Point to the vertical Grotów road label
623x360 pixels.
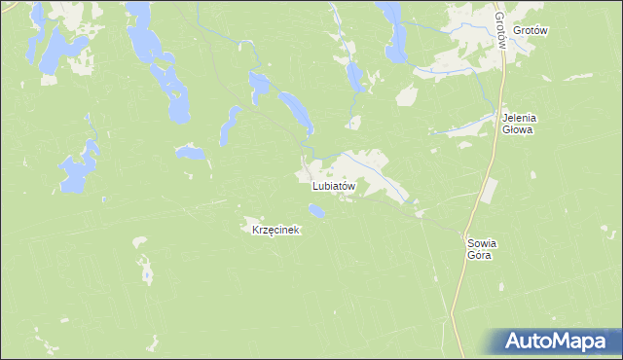pyautogui.click(x=499, y=32)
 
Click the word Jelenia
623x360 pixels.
pyautogui.click(x=519, y=119)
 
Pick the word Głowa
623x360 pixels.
pyautogui.click(x=519, y=130)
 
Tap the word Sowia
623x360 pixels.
pyautogui.click(x=482, y=243)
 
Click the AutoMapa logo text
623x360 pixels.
pyautogui.click(x=558, y=342)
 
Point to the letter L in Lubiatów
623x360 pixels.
pyautogui.click(x=315, y=185)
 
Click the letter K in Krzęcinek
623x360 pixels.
pyautogui.click(x=255, y=231)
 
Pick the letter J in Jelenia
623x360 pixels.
pyautogui.click(x=504, y=119)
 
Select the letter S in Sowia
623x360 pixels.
pyautogui.click(x=470, y=243)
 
